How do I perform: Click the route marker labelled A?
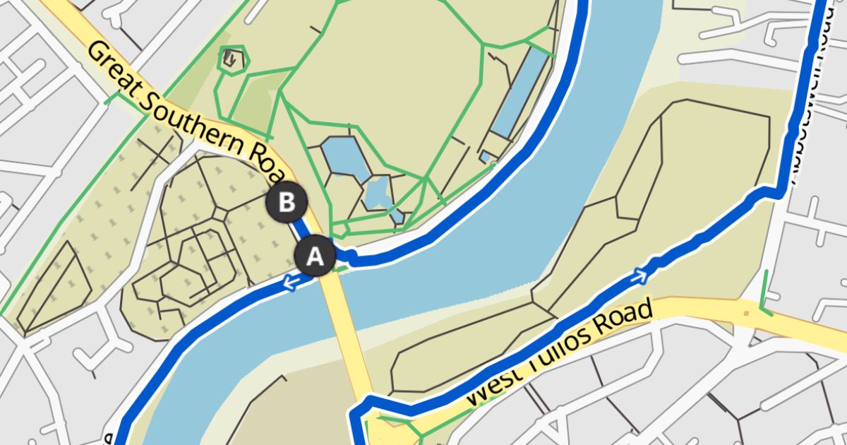(314, 256)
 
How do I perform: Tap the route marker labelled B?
(287, 203)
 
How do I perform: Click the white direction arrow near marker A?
(290, 283)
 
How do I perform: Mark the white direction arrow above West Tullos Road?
(641, 275)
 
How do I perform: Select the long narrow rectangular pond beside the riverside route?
(521, 92)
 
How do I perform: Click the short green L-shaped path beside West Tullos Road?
(764, 297)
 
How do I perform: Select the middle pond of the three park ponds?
(378, 192)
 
